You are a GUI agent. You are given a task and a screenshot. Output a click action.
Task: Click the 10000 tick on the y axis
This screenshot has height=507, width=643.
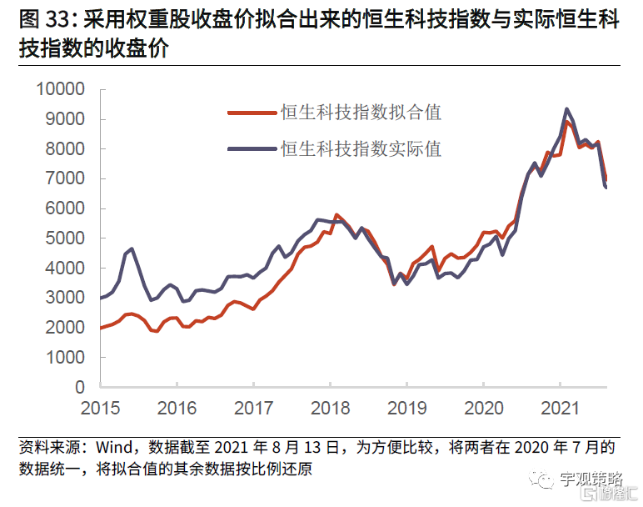[59, 89]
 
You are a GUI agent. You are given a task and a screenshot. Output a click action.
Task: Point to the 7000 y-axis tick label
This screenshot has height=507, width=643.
[64, 178]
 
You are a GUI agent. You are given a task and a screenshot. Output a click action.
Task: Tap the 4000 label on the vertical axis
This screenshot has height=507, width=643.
[64, 268]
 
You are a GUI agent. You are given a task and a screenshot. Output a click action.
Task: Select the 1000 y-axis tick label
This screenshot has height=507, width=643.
[64, 357]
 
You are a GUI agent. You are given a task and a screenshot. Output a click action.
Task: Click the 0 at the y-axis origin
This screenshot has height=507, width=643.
[80, 387]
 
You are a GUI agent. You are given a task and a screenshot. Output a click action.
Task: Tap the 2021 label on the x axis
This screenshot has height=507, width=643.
[560, 409]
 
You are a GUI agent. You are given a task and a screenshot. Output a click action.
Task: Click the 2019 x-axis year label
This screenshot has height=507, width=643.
[406, 409]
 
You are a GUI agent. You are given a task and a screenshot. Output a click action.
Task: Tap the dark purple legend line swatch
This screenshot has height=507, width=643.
[252, 149]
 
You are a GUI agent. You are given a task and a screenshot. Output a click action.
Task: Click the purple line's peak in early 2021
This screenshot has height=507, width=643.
[566, 109]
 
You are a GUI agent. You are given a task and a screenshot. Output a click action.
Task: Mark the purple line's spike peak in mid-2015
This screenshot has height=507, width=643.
[132, 248]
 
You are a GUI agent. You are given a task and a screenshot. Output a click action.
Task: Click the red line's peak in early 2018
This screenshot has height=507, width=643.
[336, 215]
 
